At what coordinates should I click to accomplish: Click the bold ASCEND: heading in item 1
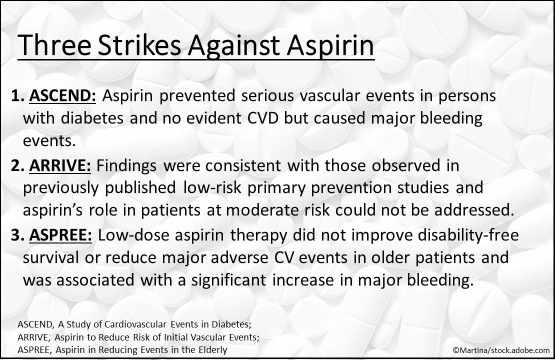coord(63,96)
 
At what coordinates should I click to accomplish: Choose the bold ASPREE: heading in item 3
coord(61,235)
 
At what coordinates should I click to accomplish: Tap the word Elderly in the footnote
coord(210,349)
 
